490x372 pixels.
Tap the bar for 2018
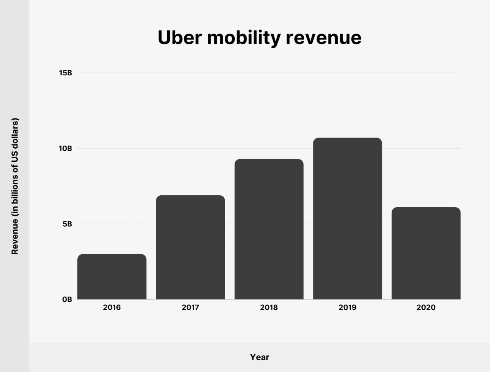click(x=269, y=229)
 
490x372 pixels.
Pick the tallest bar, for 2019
click(x=347, y=218)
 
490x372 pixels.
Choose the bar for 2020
click(x=426, y=253)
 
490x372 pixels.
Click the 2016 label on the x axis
click(x=112, y=307)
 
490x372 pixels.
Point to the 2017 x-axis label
click(x=190, y=307)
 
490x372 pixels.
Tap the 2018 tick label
click(x=269, y=307)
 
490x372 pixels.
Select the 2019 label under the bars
click(x=347, y=307)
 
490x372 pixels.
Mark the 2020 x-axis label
click(x=426, y=307)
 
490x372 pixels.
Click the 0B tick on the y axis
click(x=67, y=299)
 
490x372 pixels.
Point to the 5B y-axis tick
click(x=67, y=224)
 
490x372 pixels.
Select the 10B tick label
click(x=65, y=148)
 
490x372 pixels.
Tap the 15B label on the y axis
click(x=65, y=73)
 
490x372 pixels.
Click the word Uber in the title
click(x=179, y=37)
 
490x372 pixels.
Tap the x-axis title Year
click(x=260, y=357)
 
